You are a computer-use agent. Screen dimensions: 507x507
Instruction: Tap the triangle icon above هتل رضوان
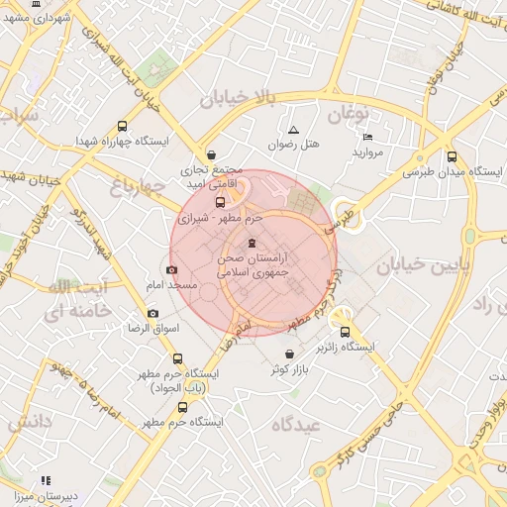[293, 131]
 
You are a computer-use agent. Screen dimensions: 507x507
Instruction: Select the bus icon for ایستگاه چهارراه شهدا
[122, 127]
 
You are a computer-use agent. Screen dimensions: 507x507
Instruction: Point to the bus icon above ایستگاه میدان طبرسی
[452, 156]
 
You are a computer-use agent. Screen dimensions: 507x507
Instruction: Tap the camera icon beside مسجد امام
[172, 269]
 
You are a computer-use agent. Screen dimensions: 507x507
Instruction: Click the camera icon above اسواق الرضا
[152, 313]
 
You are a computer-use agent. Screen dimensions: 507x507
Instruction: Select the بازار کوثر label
[288, 369]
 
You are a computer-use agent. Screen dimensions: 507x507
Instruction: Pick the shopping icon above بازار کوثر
[288, 355]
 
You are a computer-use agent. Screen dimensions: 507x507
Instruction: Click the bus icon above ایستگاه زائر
[346, 333]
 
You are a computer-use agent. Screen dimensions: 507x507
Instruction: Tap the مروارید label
[367, 153]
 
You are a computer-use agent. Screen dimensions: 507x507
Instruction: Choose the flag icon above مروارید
[368, 138]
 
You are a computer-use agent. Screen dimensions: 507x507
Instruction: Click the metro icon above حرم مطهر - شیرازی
[220, 202]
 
